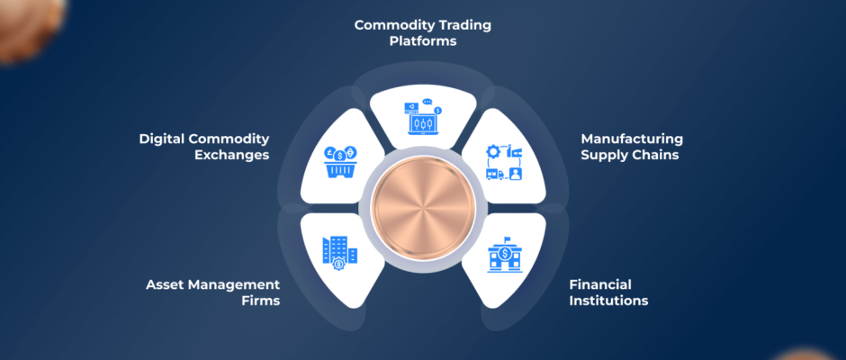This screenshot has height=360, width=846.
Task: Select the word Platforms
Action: [423, 41]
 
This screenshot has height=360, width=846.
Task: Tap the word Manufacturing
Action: [632, 139]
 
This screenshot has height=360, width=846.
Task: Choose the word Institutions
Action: [608, 300]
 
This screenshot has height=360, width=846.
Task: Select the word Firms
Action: [261, 300]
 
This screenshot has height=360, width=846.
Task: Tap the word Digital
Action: [161, 139]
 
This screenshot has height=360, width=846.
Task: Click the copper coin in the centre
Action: [424, 208]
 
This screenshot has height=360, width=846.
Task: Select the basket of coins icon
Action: [341, 161]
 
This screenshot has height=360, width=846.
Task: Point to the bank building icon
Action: [505, 254]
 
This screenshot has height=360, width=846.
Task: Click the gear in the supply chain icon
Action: [493, 152]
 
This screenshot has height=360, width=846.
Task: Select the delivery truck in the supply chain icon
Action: [495, 174]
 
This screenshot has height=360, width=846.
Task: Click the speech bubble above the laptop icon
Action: [427, 101]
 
